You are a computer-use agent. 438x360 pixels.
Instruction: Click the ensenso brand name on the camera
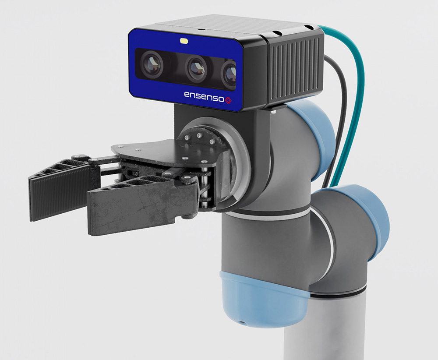pyautogui.click(x=203, y=95)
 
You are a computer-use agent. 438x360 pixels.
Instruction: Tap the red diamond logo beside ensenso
pyautogui.click(x=229, y=101)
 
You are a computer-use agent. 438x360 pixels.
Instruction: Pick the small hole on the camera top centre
pyautogui.click(x=200, y=29)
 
